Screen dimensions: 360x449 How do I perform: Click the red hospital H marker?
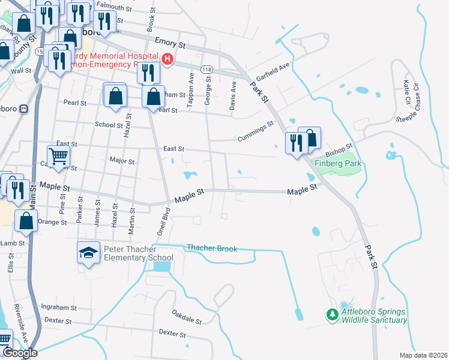(168, 59)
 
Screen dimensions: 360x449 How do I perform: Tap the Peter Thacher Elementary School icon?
(89, 253)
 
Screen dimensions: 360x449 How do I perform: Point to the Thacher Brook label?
(212, 248)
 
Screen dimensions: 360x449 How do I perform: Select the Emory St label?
(170, 43)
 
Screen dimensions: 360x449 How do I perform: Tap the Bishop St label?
(340, 148)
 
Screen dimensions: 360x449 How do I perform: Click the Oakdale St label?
(187, 316)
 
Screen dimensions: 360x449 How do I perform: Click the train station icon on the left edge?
(24, 109)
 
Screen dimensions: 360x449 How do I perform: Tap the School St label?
(109, 125)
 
